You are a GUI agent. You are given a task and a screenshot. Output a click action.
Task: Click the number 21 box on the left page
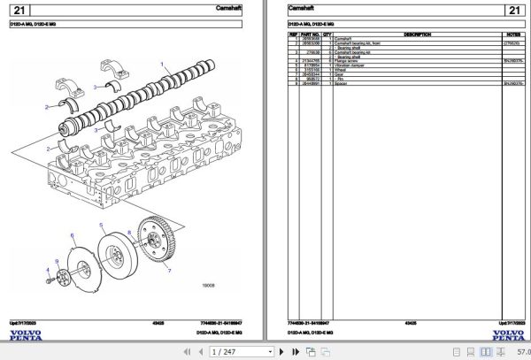tap(23, 11)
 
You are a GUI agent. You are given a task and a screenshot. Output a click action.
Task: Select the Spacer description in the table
tap(340, 84)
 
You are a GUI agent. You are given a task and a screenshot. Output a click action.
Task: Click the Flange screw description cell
tap(347, 59)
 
